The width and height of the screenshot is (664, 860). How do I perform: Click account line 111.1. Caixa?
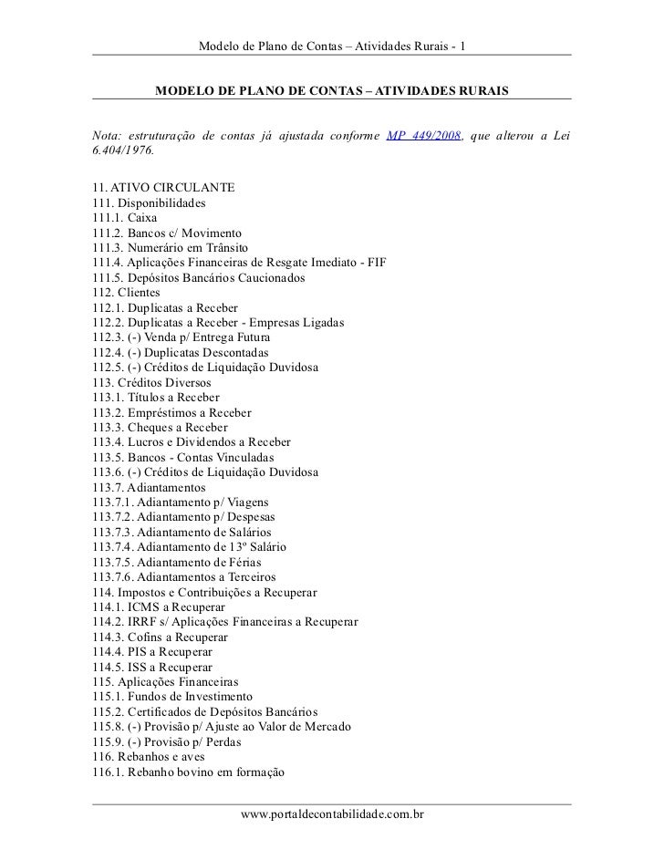click(x=124, y=219)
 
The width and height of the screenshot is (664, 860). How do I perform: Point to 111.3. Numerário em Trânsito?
click(x=169, y=247)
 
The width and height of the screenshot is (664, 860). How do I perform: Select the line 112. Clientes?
click(x=126, y=293)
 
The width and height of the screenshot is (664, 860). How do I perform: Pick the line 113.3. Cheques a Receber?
click(x=161, y=426)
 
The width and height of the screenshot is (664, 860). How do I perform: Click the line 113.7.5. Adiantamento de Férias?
click(x=183, y=561)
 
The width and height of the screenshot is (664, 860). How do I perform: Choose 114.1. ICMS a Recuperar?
click(x=160, y=606)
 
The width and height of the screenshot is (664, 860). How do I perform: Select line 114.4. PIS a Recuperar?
click(x=152, y=651)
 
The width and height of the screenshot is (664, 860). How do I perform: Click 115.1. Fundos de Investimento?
click(x=172, y=696)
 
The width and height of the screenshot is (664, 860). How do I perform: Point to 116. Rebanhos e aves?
click(x=149, y=756)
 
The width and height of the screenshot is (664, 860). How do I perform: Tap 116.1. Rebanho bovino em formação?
click(x=189, y=772)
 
